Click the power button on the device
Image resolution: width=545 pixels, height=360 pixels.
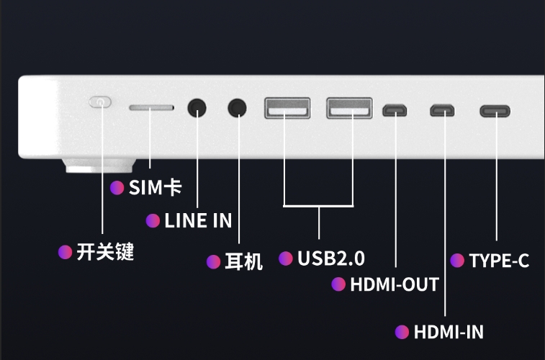click(x=100, y=102)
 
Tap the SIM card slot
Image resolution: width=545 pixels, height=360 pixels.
click(x=151, y=107)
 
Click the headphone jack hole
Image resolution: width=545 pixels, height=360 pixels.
click(x=237, y=107)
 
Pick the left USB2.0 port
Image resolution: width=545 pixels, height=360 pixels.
click(x=287, y=108)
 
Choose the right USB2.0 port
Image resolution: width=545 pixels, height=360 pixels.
click(x=349, y=108)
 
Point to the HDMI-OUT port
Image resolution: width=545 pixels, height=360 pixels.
click(x=395, y=111)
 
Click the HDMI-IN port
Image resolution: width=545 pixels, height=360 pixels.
click(x=442, y=111)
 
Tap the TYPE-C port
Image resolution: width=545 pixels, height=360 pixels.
click(x=495, y=111)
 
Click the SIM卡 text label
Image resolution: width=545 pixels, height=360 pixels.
click(x=155, y=189)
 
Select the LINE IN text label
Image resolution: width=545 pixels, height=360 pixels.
click(x=198, y=221)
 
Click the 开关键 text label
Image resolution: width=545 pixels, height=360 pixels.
click(x=105, y=252)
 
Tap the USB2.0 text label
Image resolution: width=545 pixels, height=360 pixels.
click(x=331, y=258)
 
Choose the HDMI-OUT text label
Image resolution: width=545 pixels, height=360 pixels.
click(x=394, y=284)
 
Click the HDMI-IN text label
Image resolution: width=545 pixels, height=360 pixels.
click(x=449, y=332)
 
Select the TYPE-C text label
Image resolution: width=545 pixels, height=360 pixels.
click(x=499, y=261)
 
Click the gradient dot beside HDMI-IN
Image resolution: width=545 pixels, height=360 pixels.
click(x=402, y=332)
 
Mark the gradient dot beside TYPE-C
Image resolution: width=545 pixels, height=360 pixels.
click(x=457, y=261)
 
